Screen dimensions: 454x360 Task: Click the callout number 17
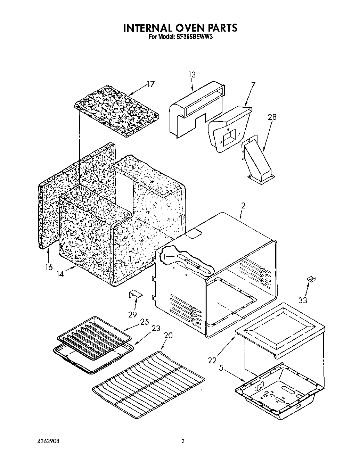(x=150, y=84)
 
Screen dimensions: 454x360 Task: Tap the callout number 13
(x=192, y=75)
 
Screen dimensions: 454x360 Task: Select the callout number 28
(x=272, y=117)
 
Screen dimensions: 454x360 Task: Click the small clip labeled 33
(x=311, y=279)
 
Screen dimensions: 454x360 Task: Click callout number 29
(x=132, y=315)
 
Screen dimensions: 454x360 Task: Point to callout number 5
(x=221, y=368)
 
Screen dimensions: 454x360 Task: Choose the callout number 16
(x=49, y=267)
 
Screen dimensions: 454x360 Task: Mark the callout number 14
(x=60, y=274)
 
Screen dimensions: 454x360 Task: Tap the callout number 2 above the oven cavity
(x=243, y=205)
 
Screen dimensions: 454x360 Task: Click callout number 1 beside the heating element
(x=164, y=256)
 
